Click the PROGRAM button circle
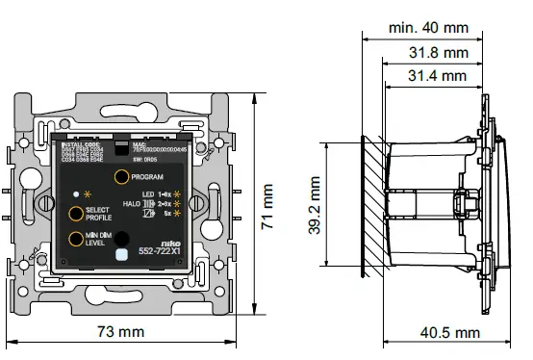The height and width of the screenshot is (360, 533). coord(120,178)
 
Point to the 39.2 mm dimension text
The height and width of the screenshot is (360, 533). coord(315,204)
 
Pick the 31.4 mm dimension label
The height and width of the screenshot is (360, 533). coord(437,75)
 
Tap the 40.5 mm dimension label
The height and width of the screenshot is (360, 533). coord(450,332)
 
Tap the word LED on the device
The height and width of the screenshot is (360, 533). coord(149,195)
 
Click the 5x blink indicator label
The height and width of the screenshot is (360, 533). coord(167,215)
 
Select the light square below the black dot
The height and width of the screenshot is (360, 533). coord(120,254)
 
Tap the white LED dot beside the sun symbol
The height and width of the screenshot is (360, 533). coord(75,194)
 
